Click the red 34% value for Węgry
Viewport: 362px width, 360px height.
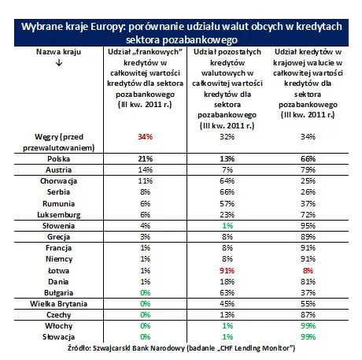143,135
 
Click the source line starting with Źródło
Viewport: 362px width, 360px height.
181,347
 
